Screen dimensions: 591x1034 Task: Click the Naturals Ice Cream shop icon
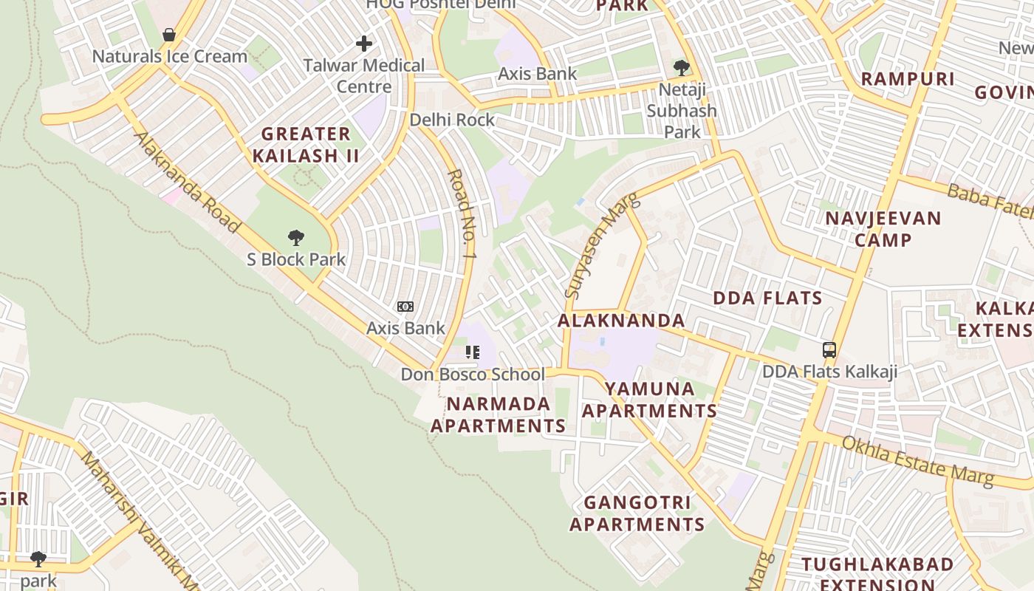point(169,35)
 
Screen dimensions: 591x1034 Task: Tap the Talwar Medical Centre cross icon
point(363,44)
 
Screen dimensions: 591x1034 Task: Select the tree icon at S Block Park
point(296,238)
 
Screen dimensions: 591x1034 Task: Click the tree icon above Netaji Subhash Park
point(682,68)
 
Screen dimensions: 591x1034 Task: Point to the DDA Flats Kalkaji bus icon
point(829,350)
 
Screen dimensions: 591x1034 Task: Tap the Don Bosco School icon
point(473,352)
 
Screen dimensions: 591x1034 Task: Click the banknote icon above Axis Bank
point(405,307)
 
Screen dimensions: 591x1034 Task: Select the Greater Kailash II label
point(306,145)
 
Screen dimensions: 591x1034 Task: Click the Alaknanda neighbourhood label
point(621,321)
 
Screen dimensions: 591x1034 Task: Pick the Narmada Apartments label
point(498,415)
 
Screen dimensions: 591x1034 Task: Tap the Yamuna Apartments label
point(649,400)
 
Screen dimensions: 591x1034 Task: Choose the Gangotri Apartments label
point(637,513)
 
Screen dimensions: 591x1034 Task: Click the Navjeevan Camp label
point(883,229)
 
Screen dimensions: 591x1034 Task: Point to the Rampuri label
point(908,79)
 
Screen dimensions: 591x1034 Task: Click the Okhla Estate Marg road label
point(918,461)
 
